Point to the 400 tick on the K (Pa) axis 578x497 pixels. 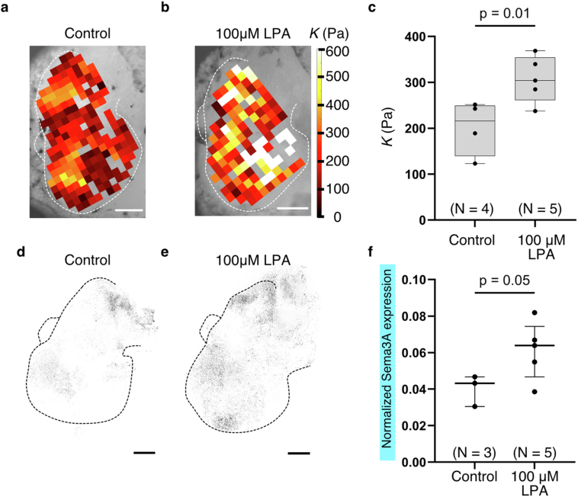[x=416, y=37]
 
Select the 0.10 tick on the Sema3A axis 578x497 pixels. [x=412, y=279]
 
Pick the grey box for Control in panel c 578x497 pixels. [x=474, y=130]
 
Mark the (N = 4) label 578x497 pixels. [x=474, y=206]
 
